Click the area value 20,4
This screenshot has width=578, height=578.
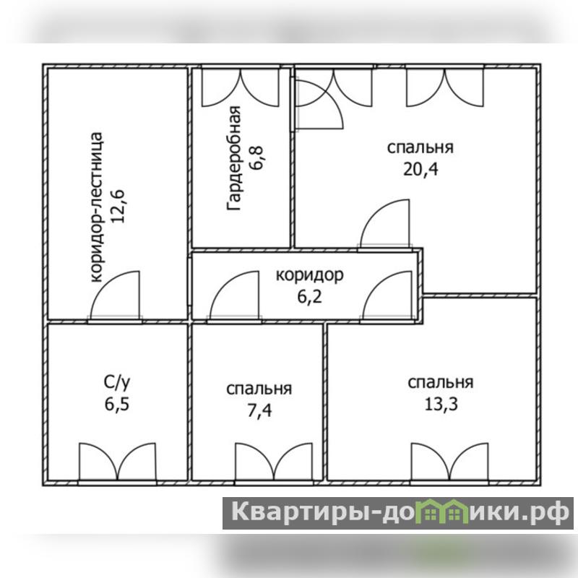[x=420, y=170]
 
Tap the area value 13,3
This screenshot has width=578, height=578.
[x=441, y=405]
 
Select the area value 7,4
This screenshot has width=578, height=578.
[x=259, y=410]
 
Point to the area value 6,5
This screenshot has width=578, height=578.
[x=117, y=405]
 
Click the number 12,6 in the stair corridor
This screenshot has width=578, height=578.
[x=118, y=207]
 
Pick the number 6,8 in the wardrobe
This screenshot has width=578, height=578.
[x=256, y=158]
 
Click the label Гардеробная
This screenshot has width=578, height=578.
[x=234, y=158]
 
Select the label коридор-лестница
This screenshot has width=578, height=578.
[x=96, y=207]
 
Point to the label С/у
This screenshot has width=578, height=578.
[x=117, y=383]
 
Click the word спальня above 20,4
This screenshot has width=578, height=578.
[x=420, y=147]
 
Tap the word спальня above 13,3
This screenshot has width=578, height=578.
[x=441, y=383]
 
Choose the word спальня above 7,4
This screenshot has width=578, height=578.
[x=259, y=389]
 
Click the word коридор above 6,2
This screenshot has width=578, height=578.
[x=310, y=275]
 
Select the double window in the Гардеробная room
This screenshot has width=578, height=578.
[x=241, y=87]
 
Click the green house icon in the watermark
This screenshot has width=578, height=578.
[x=442, y=512]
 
